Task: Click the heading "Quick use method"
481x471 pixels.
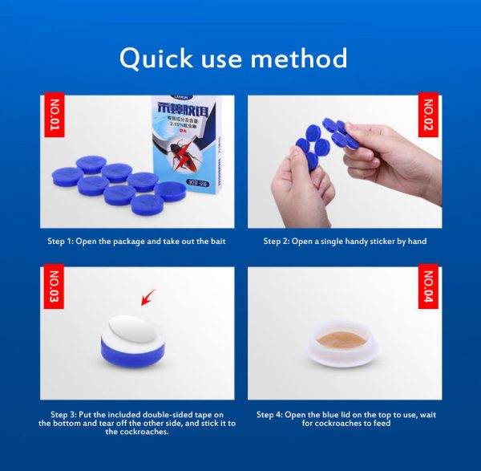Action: (233, 59)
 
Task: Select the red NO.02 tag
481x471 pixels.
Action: (427, 115)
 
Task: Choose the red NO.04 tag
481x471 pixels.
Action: (427, 287)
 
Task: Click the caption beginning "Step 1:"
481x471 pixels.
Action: (136, 240)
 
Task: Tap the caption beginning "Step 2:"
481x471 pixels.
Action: (346, 240)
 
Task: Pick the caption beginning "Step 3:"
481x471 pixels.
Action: (136, 423)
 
